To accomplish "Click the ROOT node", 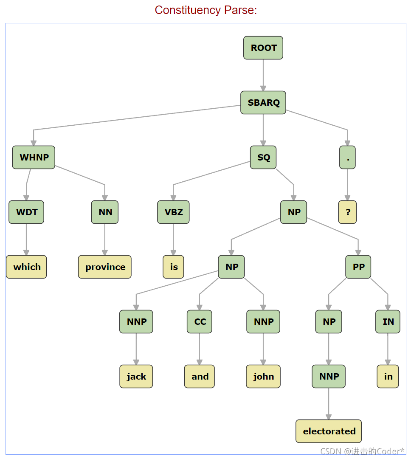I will click(263, 48).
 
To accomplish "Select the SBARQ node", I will click(263, 103).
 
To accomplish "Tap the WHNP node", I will click(34, 158).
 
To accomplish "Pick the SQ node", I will click(263, 158).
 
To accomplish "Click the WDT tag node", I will click(26, 212).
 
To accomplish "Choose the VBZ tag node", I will click(173, 212).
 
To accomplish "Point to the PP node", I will click(358, 267).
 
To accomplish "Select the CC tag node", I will click(200, 321).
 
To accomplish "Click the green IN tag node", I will click(388, 321).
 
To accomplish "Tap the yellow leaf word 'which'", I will click(26, 267).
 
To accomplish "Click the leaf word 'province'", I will click(105, 267).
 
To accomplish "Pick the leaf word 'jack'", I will click(136, 376).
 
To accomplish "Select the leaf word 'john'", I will click(263, 376).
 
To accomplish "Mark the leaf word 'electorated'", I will click(329, 431).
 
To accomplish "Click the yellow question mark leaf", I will click(348, 212).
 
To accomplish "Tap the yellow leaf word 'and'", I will click(200, 376).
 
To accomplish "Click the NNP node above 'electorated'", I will click(329, 376).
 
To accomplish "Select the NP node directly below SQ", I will click(293, 212).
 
